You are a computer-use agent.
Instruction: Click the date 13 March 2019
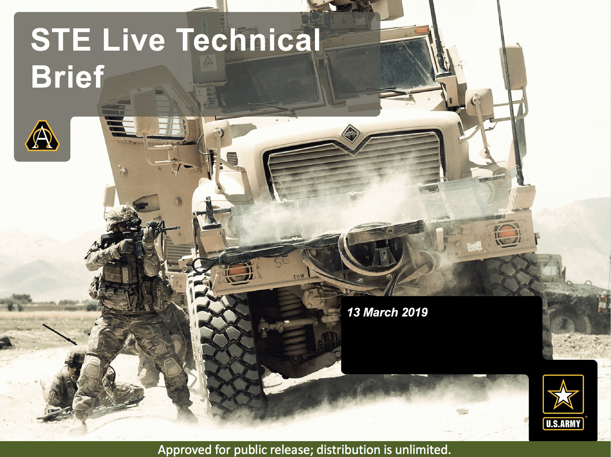387,312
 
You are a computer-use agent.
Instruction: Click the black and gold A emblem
42,136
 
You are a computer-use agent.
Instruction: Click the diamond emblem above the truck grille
351,134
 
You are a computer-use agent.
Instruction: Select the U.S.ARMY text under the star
563,424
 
